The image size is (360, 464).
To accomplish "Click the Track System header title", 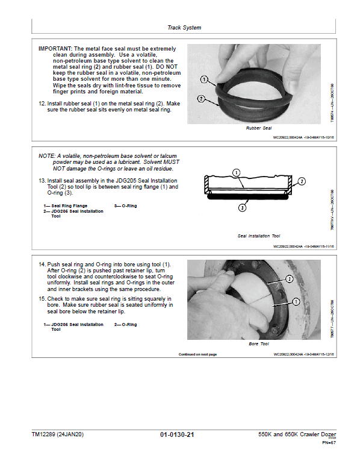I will (184, 28).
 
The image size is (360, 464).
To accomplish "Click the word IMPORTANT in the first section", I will (55, 48).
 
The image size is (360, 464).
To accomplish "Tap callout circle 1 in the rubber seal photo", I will (203, 79).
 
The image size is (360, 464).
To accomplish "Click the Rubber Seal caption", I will (259, 128).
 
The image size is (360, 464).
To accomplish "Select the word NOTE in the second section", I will (46, 155).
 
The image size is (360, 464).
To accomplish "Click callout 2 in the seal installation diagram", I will (302, 181).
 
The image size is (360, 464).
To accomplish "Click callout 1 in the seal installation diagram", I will (237, 172).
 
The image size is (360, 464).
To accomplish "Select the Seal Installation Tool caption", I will (259, 236).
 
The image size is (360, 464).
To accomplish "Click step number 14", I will (42, 265).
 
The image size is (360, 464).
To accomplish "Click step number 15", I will (42, 299).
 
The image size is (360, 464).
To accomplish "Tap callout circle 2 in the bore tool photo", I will (290, 279).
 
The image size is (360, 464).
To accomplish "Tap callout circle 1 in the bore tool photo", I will (296, 301).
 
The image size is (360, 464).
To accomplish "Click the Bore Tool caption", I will (259, 343).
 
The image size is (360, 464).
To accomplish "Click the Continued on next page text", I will (197, 354).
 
